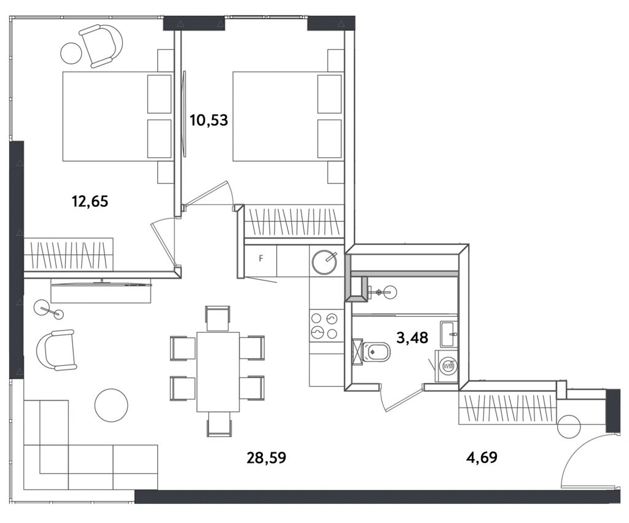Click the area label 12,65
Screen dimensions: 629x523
coord(90,201)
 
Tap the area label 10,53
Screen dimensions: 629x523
coord(209,120)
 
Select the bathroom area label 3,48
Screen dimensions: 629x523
coord(412,338)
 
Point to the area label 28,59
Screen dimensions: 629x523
coord(267,457)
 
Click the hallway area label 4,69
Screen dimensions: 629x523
coord(482,457)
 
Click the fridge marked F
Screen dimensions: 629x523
coord(260,258)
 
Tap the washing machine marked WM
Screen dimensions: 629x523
coord(448,366)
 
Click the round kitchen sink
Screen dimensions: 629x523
coord(324,261)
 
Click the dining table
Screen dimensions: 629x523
coord(218,372)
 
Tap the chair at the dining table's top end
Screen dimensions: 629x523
coord(217,319)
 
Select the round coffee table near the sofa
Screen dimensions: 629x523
coord(111,405)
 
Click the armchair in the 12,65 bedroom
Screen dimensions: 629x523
coord(102,45)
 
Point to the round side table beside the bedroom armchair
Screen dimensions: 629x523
coord(71,53)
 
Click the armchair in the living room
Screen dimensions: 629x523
coord(56,351)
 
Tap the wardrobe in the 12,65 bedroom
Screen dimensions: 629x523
coord(69,255)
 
